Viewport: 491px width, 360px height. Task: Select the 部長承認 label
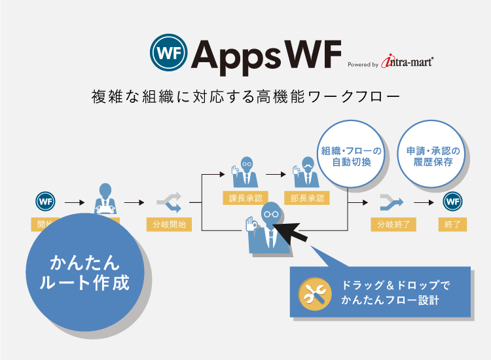(x=306, y=198)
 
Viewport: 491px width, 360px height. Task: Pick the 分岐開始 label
(x=169, y=225)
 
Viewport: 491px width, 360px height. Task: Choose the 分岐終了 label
(x=393, y=225)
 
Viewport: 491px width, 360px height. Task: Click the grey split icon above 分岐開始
(x=169, y=202)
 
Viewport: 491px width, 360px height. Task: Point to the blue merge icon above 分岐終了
(x=393, y=201)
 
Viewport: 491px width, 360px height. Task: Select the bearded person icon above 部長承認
(x=306, y=171)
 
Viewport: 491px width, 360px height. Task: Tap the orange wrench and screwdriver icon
(x=315, y=293)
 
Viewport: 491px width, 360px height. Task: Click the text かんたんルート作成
(x=84, y=274)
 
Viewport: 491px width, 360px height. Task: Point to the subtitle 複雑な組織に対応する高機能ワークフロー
(x=245, y=98)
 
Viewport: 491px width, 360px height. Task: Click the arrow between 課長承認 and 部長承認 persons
(x=276, y=174)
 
